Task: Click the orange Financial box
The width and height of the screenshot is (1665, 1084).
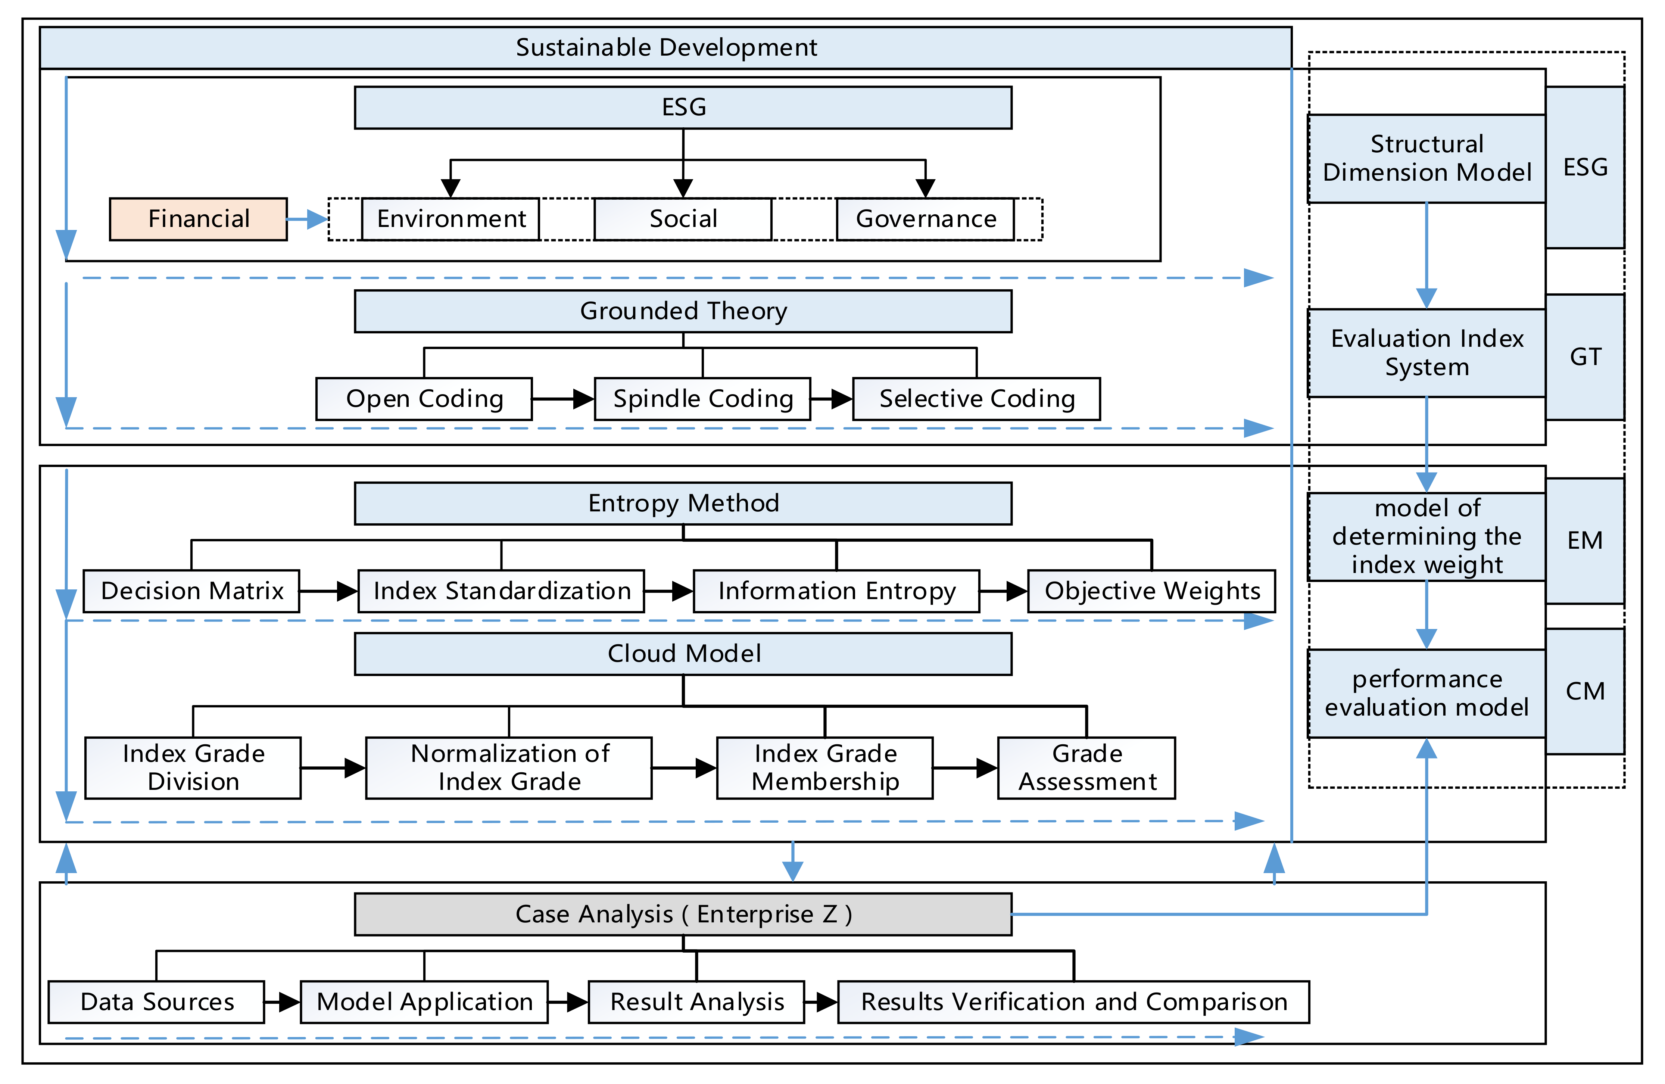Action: click(198, 219)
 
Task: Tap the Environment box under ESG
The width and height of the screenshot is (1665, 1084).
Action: click(450, 219)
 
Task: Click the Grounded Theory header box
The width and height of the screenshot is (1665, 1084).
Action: click(683, 311)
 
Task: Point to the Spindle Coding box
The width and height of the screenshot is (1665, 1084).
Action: click(702, 399)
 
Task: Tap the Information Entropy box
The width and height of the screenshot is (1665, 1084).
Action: click(836, 591)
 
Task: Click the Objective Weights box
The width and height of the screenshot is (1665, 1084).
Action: click(1151, 591)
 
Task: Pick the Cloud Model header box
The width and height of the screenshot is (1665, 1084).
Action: click(683, 654)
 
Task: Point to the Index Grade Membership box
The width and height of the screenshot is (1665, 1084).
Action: click(825, 768)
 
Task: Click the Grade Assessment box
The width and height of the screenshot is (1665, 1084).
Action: click(1086, 768)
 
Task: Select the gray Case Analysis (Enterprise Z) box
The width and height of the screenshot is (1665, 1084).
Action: click(683, 914)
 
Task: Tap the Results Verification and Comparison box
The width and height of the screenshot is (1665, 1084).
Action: click(1073, 1002)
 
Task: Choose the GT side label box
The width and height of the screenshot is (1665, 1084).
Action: click(1584, 357)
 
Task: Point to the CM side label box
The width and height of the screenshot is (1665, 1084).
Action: click(1584, 691)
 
